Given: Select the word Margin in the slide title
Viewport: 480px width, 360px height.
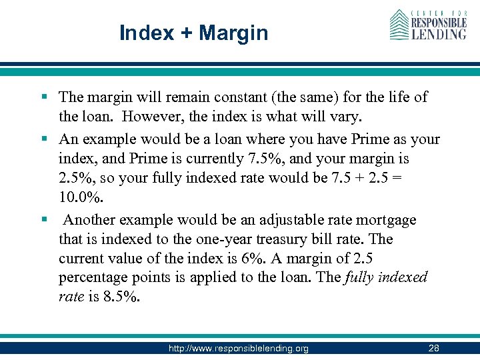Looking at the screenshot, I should click(x=233, y=33).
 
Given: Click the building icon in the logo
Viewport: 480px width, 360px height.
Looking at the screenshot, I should click(x=399, y=25).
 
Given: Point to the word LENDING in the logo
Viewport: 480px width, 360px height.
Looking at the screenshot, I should click(x=439, y=33).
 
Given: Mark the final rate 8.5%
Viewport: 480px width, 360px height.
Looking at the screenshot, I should click(x=122, y=297).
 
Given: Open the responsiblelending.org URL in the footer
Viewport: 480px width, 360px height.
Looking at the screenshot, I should click(x=239, y=348).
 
